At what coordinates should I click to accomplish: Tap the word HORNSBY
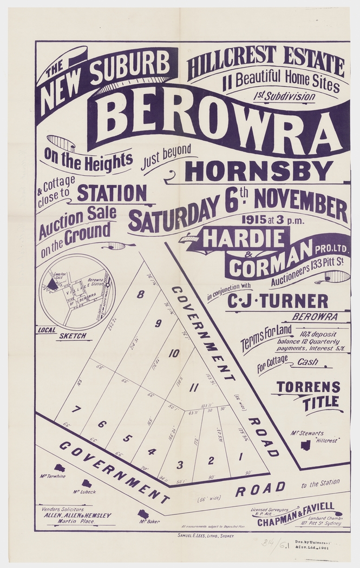tap(259, 171)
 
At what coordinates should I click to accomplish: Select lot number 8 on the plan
tap(141, 295)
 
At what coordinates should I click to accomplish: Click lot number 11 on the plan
tap(195, 387)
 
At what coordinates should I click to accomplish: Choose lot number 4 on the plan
tap(152, 452)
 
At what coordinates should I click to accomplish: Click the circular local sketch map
tap(77, 292)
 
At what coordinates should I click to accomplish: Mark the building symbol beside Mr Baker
tap(143, 514)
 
